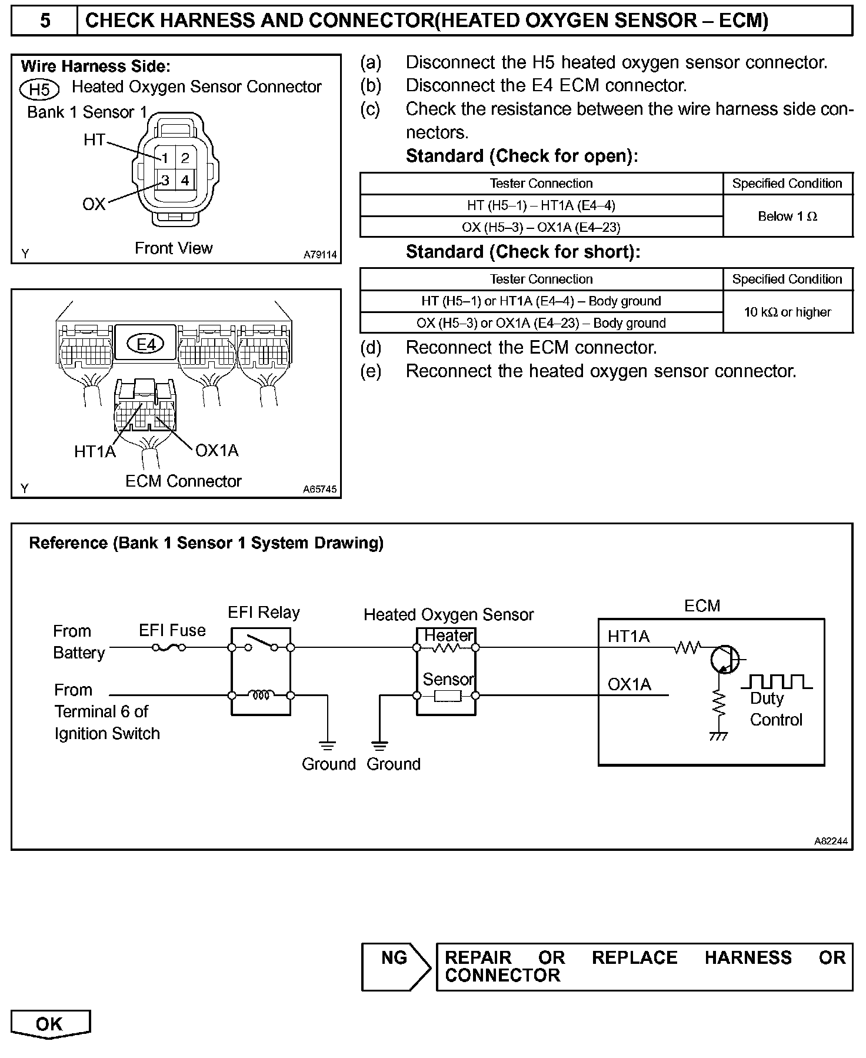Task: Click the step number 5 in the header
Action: click(x=45, y=21)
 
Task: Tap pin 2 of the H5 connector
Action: click(x=185, y=158)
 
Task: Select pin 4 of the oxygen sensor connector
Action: click(x=185, y=180)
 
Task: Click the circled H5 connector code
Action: click(x=39, y=89)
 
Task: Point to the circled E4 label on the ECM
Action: click(x=146, y=344)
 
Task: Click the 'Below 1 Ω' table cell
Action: click(x=787, y=217)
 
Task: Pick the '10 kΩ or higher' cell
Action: click(x=787, y=312)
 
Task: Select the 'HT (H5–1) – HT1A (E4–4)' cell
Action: click(x=541, y=205)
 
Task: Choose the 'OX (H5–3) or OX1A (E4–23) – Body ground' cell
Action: click(x=541, y=323)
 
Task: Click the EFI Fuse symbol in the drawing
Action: click(x=169, y=648)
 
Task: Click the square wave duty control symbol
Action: click(x=777, y=683)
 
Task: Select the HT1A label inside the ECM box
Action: click(x=628, y=637)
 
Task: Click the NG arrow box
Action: click(x=396, y=967)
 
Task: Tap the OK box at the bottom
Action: click(x=50, y=1024)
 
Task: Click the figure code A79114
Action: click(x=320, y=255)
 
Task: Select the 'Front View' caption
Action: click(x=174, y=248)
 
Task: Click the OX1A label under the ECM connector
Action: click(x=216, y=451)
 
